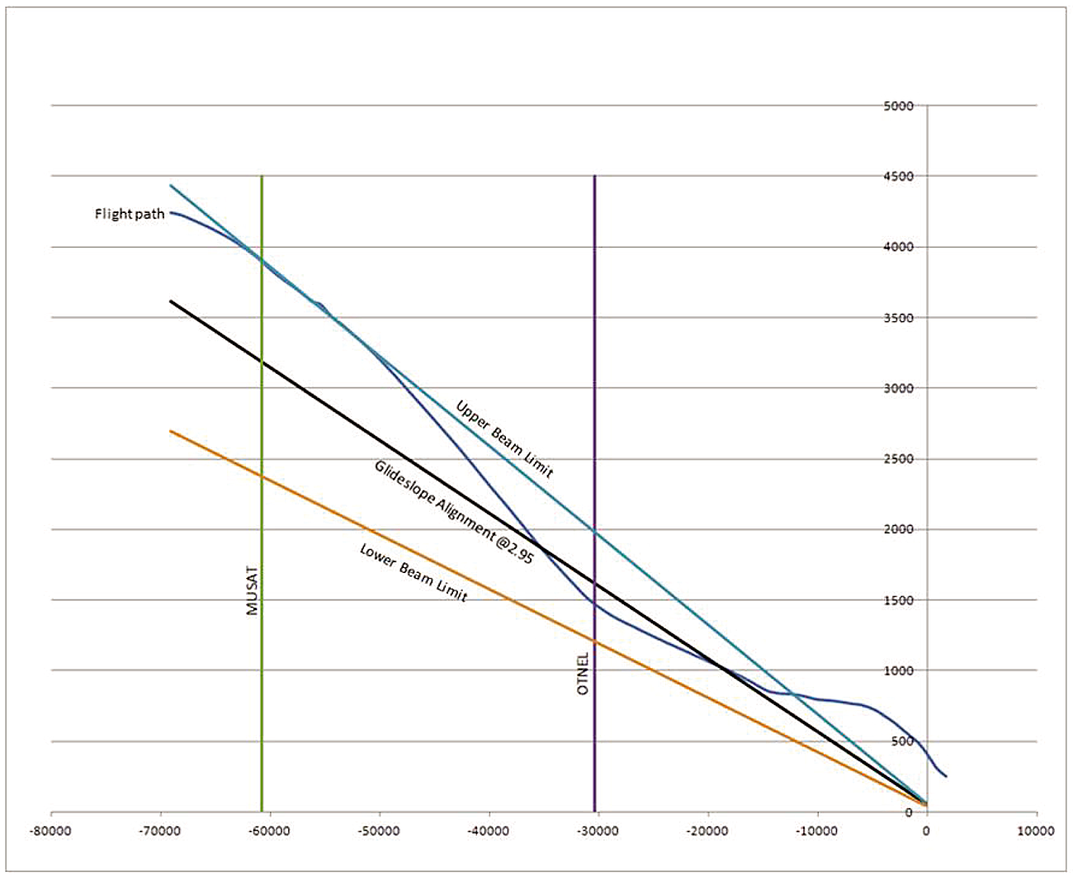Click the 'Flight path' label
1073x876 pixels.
coord(130,214)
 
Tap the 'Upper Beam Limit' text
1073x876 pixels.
coord(504,439)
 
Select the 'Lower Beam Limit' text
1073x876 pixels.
coord(414,572)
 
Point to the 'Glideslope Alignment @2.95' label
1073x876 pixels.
coord(454,512)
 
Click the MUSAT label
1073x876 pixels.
coord(253,590)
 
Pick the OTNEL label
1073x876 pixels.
coord(584,673)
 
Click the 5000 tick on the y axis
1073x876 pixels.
coord(899,106)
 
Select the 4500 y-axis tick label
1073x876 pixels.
coord(899,177)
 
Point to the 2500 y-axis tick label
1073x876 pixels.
coord(899,459)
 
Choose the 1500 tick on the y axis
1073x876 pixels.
coord(899,600)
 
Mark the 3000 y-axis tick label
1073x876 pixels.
coord(899,388)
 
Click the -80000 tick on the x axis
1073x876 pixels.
coord(51,831)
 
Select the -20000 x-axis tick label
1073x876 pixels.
coord(707,831)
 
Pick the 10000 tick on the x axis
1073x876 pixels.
coord(1036,831)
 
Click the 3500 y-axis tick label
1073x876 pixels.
coord(899,318)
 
